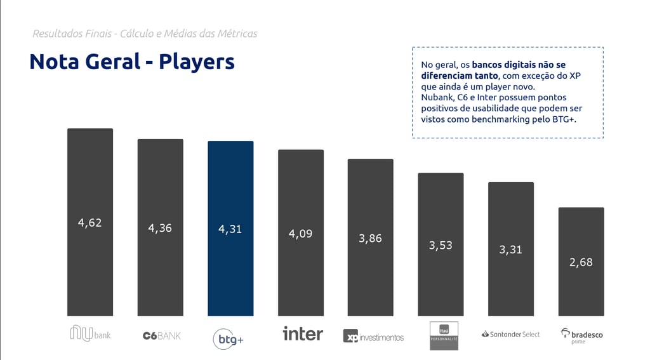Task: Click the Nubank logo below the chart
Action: [90, 333]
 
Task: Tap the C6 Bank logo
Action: [161, 335]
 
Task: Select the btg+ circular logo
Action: [229, 339]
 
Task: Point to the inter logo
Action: [302, 333]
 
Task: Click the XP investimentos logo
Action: [373, 337]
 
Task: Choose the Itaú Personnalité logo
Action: [443, 335]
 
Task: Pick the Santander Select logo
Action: [510, 334]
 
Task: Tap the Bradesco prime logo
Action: [581, 335]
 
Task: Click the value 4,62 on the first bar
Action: [90, 223]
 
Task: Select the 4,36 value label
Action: [160, 228]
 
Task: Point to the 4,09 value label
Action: [300, 234]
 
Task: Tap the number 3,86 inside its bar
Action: [370, 239]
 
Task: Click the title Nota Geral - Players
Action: [132, 62]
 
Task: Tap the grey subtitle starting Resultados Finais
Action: [145, 34]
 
